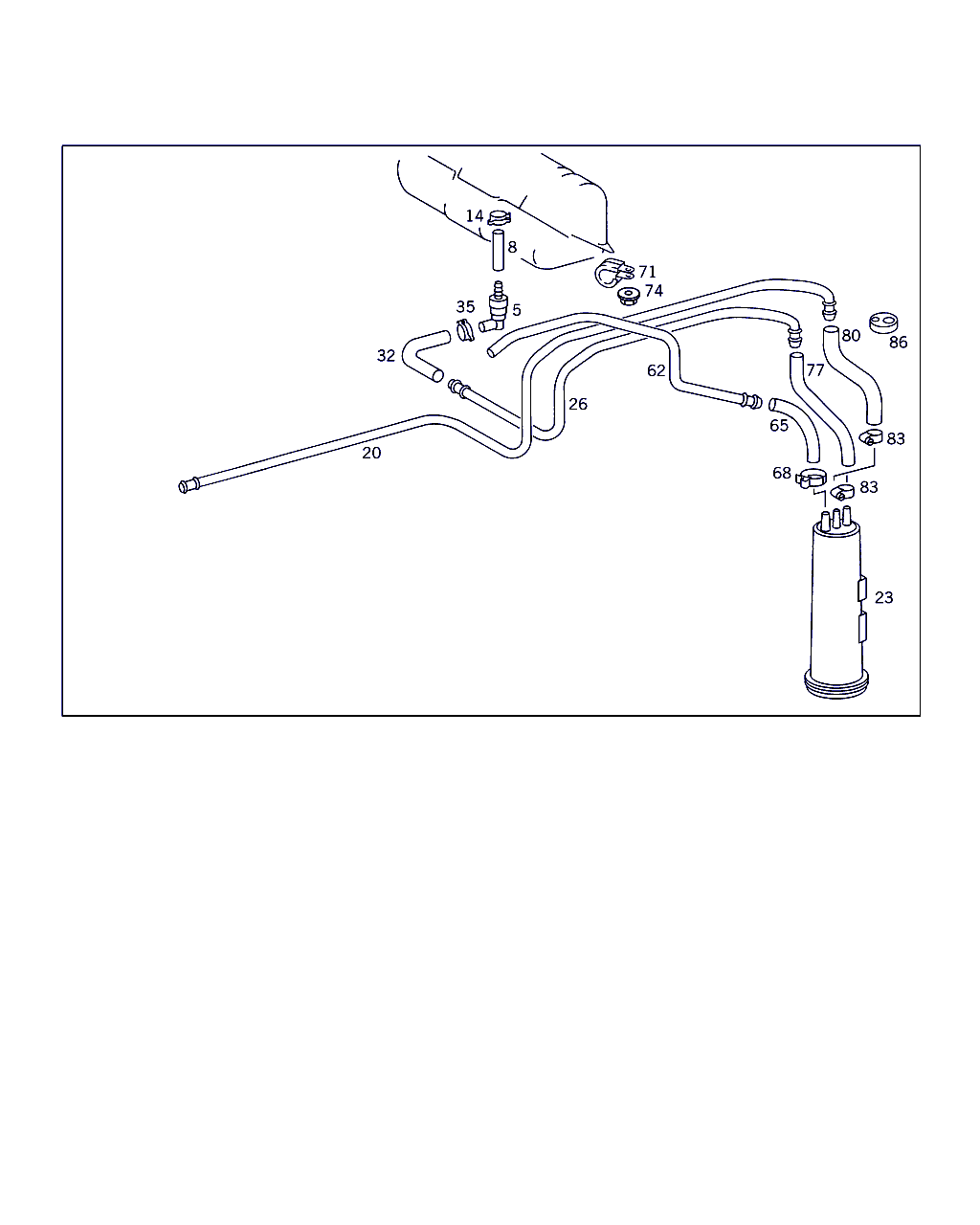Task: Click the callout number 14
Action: point(475,215)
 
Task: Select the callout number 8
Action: point(512,247)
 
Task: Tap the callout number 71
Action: point(647,272)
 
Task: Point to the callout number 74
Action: point(654,291)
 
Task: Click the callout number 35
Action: point(465,307)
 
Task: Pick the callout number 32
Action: point(386,356)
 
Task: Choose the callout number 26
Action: point(578,404)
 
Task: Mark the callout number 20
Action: point(371,453)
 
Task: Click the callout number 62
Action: point(656,370)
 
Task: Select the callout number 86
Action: point(898,342)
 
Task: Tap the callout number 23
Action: point(883,598)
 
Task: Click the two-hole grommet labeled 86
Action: point(883,323)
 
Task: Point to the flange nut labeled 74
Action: point(629,296)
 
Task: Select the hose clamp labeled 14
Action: point(500,217)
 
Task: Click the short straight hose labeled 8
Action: point(499,251)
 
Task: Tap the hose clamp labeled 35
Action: point(465,330)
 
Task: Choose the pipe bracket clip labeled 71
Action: point(613,273)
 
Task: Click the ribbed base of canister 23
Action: point(835,685)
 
